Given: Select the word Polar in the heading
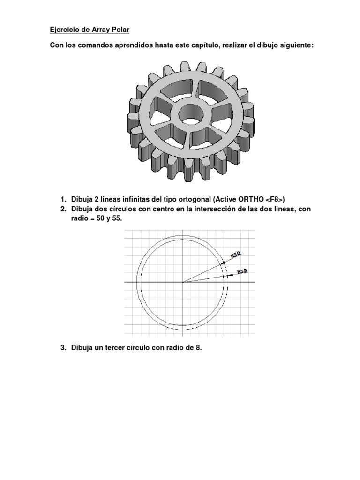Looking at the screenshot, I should pos(119,30).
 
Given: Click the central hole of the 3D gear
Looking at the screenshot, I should pos(190,113).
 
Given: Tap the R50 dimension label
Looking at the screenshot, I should pos(235,255).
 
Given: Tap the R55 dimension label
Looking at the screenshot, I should pos(242,271).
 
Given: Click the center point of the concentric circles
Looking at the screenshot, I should pos(182,282).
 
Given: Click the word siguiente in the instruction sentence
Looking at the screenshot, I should pos(291,46).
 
